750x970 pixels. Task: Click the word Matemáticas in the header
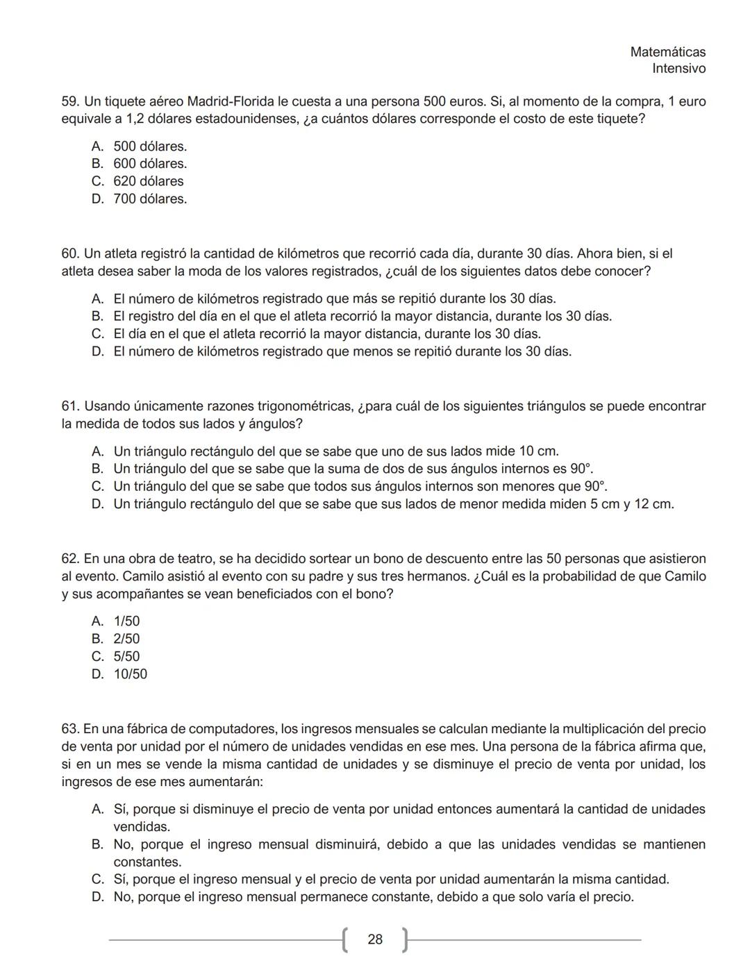tap(667, 52)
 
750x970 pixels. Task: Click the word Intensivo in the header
tap(678, 69)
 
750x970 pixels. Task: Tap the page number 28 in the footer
tap(375, 939)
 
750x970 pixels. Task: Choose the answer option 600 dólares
tap(150, 164)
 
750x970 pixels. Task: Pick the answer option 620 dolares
tap(149, 181)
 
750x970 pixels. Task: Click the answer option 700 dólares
tap(150, 199)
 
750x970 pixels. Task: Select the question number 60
tap(70, 254)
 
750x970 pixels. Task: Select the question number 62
tap(70, 559)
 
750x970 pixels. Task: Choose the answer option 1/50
tap(126, 621)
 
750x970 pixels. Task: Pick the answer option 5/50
tap(126, 657)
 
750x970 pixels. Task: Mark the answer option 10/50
tap(131, 674)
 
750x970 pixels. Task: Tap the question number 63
tap(70, 730)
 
